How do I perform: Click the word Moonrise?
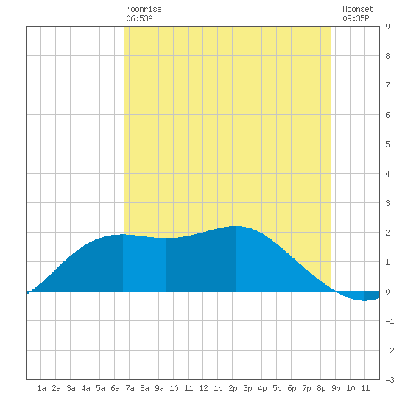click(x=144, y=9)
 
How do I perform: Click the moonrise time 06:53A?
click(x=139, y=18)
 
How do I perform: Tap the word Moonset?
click(x=358, y=9)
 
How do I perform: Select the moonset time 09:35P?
click(x=356, y=18)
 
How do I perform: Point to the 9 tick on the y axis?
click(x=387, y=27)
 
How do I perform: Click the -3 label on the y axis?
click(x=390, y=380)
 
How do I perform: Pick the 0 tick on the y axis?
click(x=387, y=292)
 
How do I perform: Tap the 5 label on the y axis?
click(x=387, y=144)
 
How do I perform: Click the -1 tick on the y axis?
click(x=390, y=321)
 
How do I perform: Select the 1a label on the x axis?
click(x=41, y=388)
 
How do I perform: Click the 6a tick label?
click(x=115, y=388)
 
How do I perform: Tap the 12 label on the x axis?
click(x=203, y=388)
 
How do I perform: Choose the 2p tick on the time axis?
click(x=233, y=388)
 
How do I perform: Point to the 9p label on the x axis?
click(x=336, y=388)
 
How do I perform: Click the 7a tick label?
click(x=130, y=388)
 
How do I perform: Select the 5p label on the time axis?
click(x=277, y=388)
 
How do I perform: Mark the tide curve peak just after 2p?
click(x=236, y=226)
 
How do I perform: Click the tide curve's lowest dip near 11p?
click(x=364, y=300)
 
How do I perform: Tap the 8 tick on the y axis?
click(x=387, y=56)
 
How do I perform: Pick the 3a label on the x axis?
click(x=71, y=388)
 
